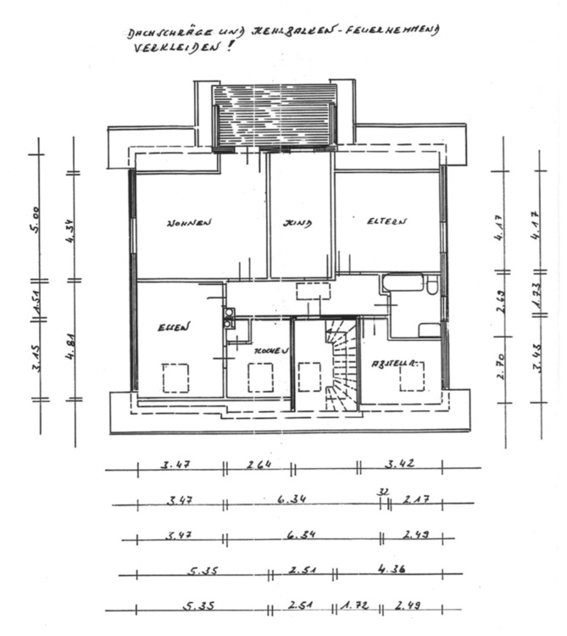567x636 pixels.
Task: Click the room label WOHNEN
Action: pos(188,223)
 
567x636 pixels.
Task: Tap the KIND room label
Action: pos(297,223)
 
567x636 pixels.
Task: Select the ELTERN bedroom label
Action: pos(387,221)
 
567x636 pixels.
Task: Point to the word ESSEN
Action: pos(174,326)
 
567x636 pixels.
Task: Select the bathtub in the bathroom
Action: pos(402,283)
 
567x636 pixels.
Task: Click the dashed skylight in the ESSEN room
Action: pos(175,377)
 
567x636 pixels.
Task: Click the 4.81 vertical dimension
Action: pos(73,339)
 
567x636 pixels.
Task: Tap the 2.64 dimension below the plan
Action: pos(259,464)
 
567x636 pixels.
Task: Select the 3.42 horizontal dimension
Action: pos(399,464)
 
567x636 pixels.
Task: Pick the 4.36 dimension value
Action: pos(391,570)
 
